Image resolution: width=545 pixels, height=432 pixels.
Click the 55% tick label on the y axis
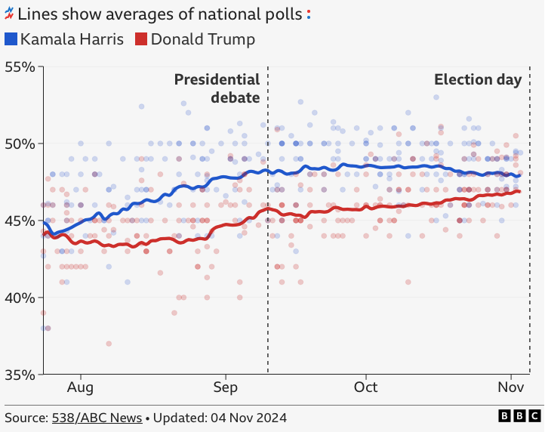(x=20, y=66)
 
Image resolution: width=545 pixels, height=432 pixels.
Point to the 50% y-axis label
(x=20, y=143)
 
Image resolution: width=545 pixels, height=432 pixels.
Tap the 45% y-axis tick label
(x=20, y=221)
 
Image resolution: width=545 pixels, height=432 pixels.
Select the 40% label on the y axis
(x=20, y=298)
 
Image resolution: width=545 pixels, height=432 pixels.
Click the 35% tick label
(x=20, y=375)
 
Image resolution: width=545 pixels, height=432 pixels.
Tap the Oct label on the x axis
(x=365, y=387)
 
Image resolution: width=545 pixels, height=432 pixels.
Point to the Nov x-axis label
(x=510, y=387)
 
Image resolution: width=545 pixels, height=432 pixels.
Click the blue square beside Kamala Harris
(x=11, y=39)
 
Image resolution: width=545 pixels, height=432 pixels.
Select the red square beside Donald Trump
(x=141, y=39)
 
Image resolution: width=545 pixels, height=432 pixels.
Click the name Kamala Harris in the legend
(x=72, y=39)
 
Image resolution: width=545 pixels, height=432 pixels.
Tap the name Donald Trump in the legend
(x=203, y=39)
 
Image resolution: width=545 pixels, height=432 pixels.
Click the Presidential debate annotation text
(x=217, y=88)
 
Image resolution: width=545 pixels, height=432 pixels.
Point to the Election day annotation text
(x=478, y=80)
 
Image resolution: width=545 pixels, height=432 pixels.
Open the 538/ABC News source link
(x=97, y=418)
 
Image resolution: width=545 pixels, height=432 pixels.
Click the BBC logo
(x=519, y=416)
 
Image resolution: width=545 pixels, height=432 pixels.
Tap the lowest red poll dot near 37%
(x=109, y=344)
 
